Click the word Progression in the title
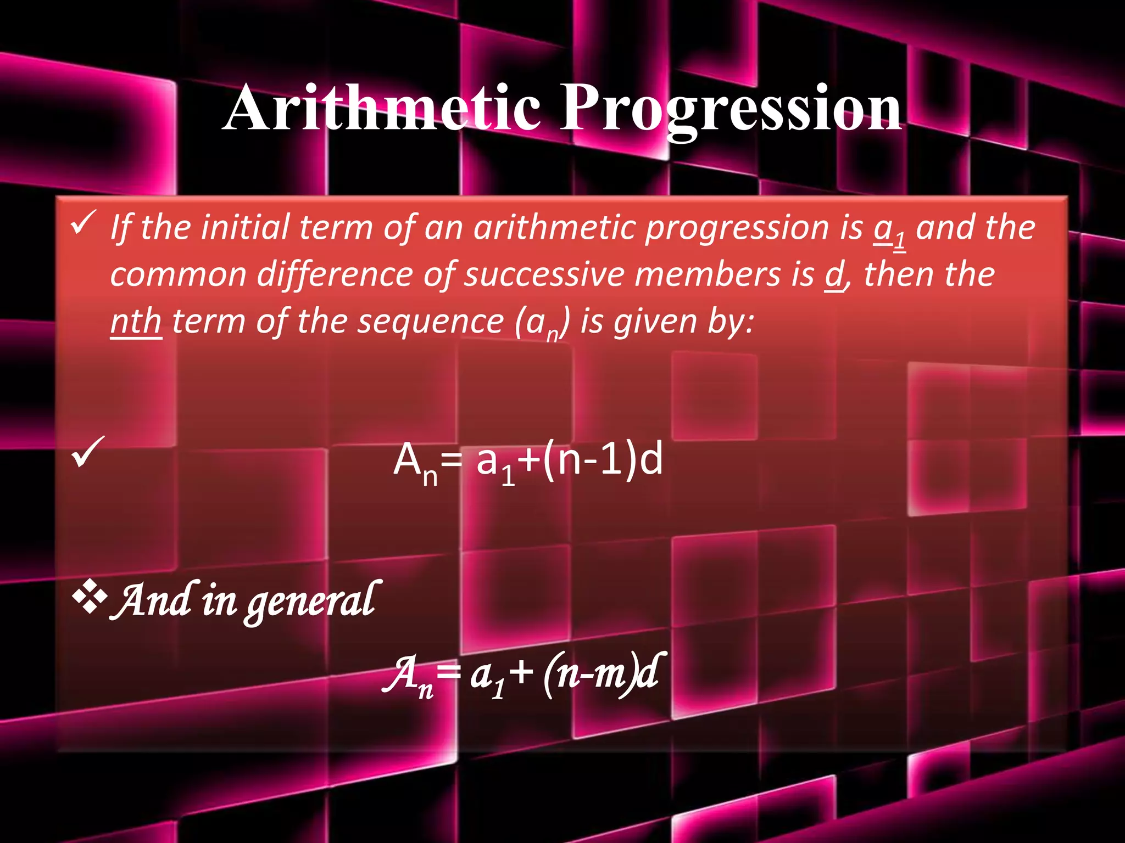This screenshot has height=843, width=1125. [731, 110]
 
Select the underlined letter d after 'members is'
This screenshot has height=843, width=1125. [834, 275]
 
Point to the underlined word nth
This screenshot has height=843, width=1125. [136, 322]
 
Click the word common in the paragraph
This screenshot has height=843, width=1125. [178, 276]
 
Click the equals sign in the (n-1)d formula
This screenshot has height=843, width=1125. [452, 461]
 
